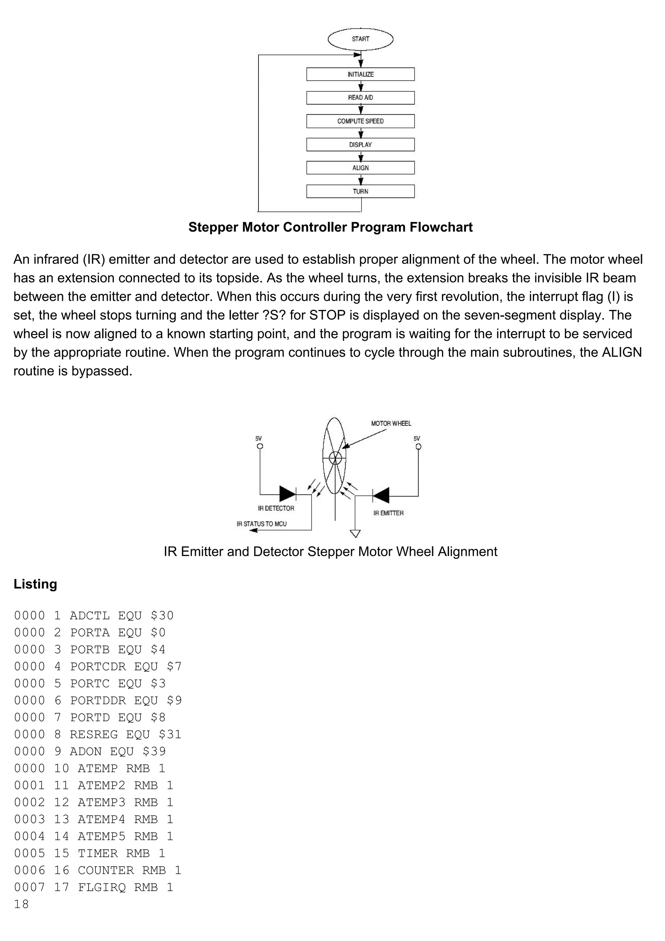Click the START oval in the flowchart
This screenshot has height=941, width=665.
[x=360, y=39]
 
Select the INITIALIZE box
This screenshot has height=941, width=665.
[x=360, y=74]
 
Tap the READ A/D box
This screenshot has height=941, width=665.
[x=360, y=97]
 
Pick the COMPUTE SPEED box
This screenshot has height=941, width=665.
[x=360, y=121]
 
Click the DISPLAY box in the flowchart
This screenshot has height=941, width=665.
[x=360, y=145]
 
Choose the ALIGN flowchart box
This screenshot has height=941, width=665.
[x=360, y=168]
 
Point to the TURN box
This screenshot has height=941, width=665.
[x=360, y=191]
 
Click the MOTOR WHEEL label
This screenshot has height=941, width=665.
[x=391, y=423]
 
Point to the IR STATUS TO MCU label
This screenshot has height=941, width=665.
[x=262, y=524]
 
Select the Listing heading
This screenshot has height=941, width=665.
[x=35, y=584]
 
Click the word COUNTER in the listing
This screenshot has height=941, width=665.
[x=106, y=870]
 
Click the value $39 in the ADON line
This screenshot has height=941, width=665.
[x=154, y=751]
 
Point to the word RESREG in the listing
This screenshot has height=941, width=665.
[x=94, y=734]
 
